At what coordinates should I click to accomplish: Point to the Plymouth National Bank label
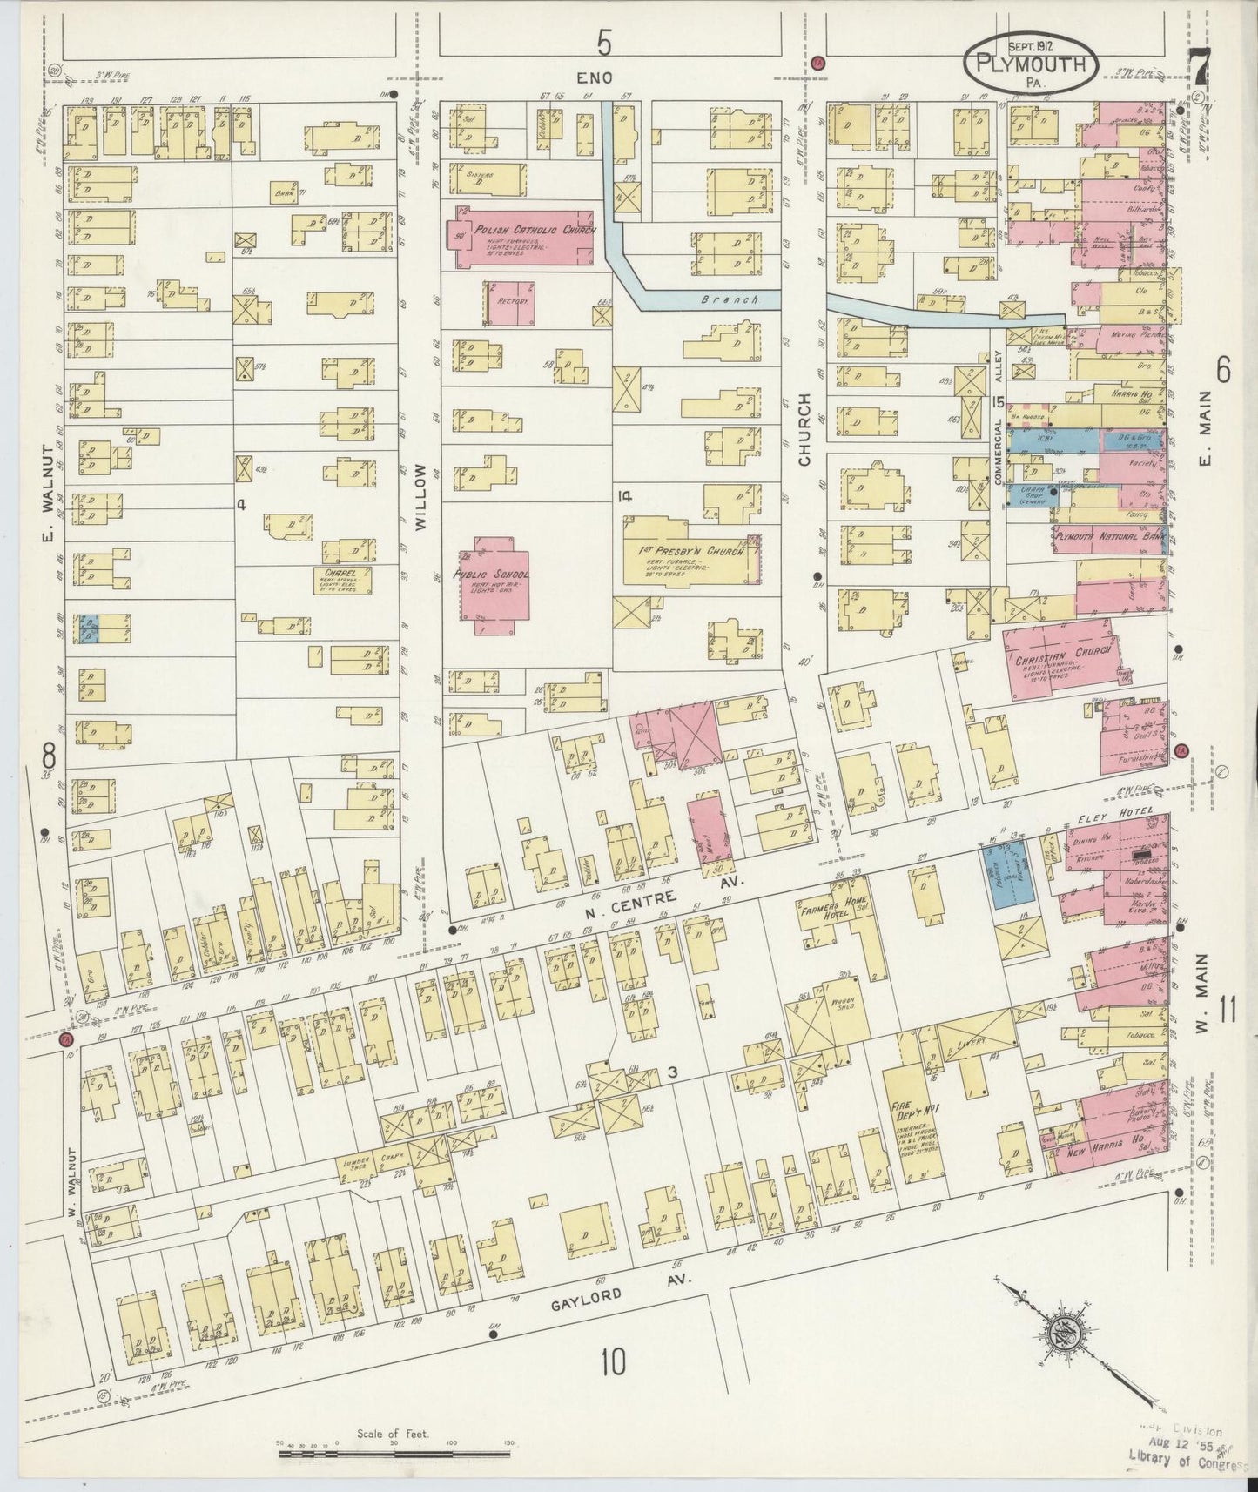pyautogui.click(x=1107, y=537)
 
